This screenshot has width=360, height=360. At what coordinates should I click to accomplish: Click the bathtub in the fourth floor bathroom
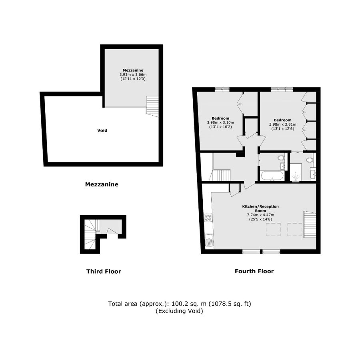[272, 176]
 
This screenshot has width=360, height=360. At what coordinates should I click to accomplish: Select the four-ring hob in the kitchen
[208, 218]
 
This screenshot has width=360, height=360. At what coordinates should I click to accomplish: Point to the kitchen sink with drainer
[209, 239]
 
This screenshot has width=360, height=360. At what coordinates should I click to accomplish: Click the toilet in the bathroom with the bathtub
[281, 158]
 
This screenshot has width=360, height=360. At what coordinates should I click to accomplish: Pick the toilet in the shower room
[309, 160]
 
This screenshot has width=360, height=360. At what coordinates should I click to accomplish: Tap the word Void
[102, 130]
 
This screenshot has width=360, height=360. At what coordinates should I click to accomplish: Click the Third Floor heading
[104, 272]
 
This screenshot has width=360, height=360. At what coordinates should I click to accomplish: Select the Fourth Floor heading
[254, 271]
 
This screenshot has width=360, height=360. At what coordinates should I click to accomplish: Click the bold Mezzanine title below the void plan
[102, 185]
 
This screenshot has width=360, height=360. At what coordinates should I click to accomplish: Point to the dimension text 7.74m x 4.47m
[260, 215]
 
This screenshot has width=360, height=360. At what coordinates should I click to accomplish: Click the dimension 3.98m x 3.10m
[220, 122]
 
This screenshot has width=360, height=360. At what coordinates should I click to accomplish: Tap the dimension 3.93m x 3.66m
[133, 74]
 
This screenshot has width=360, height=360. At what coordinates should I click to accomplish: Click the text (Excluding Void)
[180, 311]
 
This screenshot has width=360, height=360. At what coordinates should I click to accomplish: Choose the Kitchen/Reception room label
[260, 208]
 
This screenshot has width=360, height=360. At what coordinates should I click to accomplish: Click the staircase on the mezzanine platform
[152, 106]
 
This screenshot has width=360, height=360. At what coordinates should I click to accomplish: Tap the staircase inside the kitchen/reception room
[310, 224]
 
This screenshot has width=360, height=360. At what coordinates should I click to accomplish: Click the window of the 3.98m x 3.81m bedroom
[281, 89]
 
